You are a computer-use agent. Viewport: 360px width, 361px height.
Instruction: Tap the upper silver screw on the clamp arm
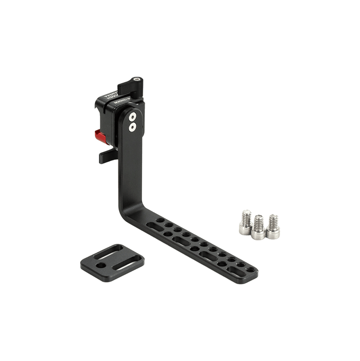(x=133, y=117)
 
